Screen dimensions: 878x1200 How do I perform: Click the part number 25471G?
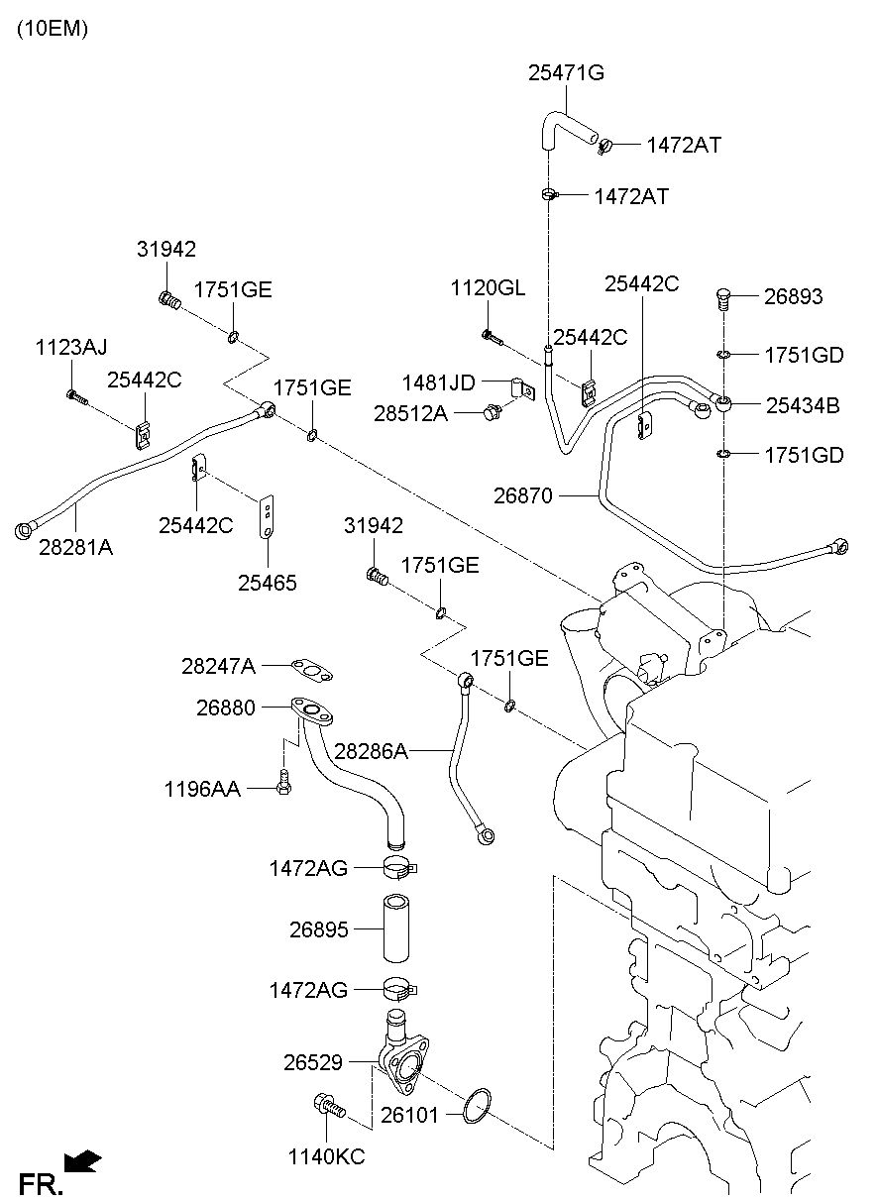pyautogui.click(x=566, y=73)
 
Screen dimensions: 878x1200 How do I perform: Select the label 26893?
pyautogui.click(x=793, y=297)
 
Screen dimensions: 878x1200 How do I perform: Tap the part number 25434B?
pyautogui.click(x=803, y=406)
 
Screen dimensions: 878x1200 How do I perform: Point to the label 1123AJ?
pyautogui.click(x=71, y=347)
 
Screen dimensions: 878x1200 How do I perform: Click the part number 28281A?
pyautogui.click(x=76, y=548)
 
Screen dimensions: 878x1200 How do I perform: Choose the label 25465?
pyautogui.click(x=268, y=583)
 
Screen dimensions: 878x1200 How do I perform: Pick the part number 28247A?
pyautogui.click(x=219, y=667)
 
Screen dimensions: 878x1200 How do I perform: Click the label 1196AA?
pyautogui.click(x=202, y=789)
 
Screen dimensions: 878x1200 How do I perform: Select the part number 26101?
pyautogui.click(x=410, y=1116)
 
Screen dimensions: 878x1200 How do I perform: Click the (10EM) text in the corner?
pyautogui.click(x=52, y=29)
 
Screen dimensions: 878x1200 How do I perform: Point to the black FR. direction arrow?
pyautogui.click(x=82, y=1160)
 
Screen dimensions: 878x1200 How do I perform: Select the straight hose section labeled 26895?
pyautogui.click(x=395, y=928)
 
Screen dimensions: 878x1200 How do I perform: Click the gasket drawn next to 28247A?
pyautogui.click(x=312, y=670)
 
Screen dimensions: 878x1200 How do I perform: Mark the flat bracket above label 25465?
pyautogui.click(x=267, y=516)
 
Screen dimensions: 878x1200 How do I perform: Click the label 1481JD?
pyautogui.click(x=439, y=383)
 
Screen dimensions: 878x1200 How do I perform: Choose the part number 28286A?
pyautogui.click(x=372, y=751)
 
